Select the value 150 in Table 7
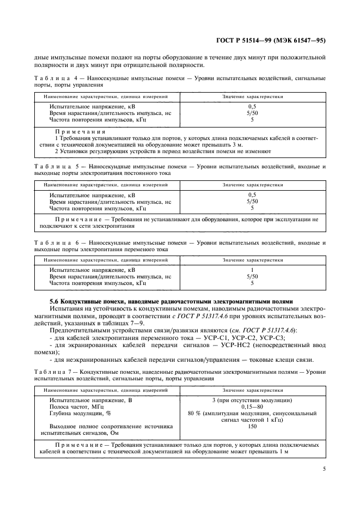point(252,427)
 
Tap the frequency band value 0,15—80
point(252,407)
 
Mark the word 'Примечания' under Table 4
point(80,132)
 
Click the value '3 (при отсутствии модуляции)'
point(252,400)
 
